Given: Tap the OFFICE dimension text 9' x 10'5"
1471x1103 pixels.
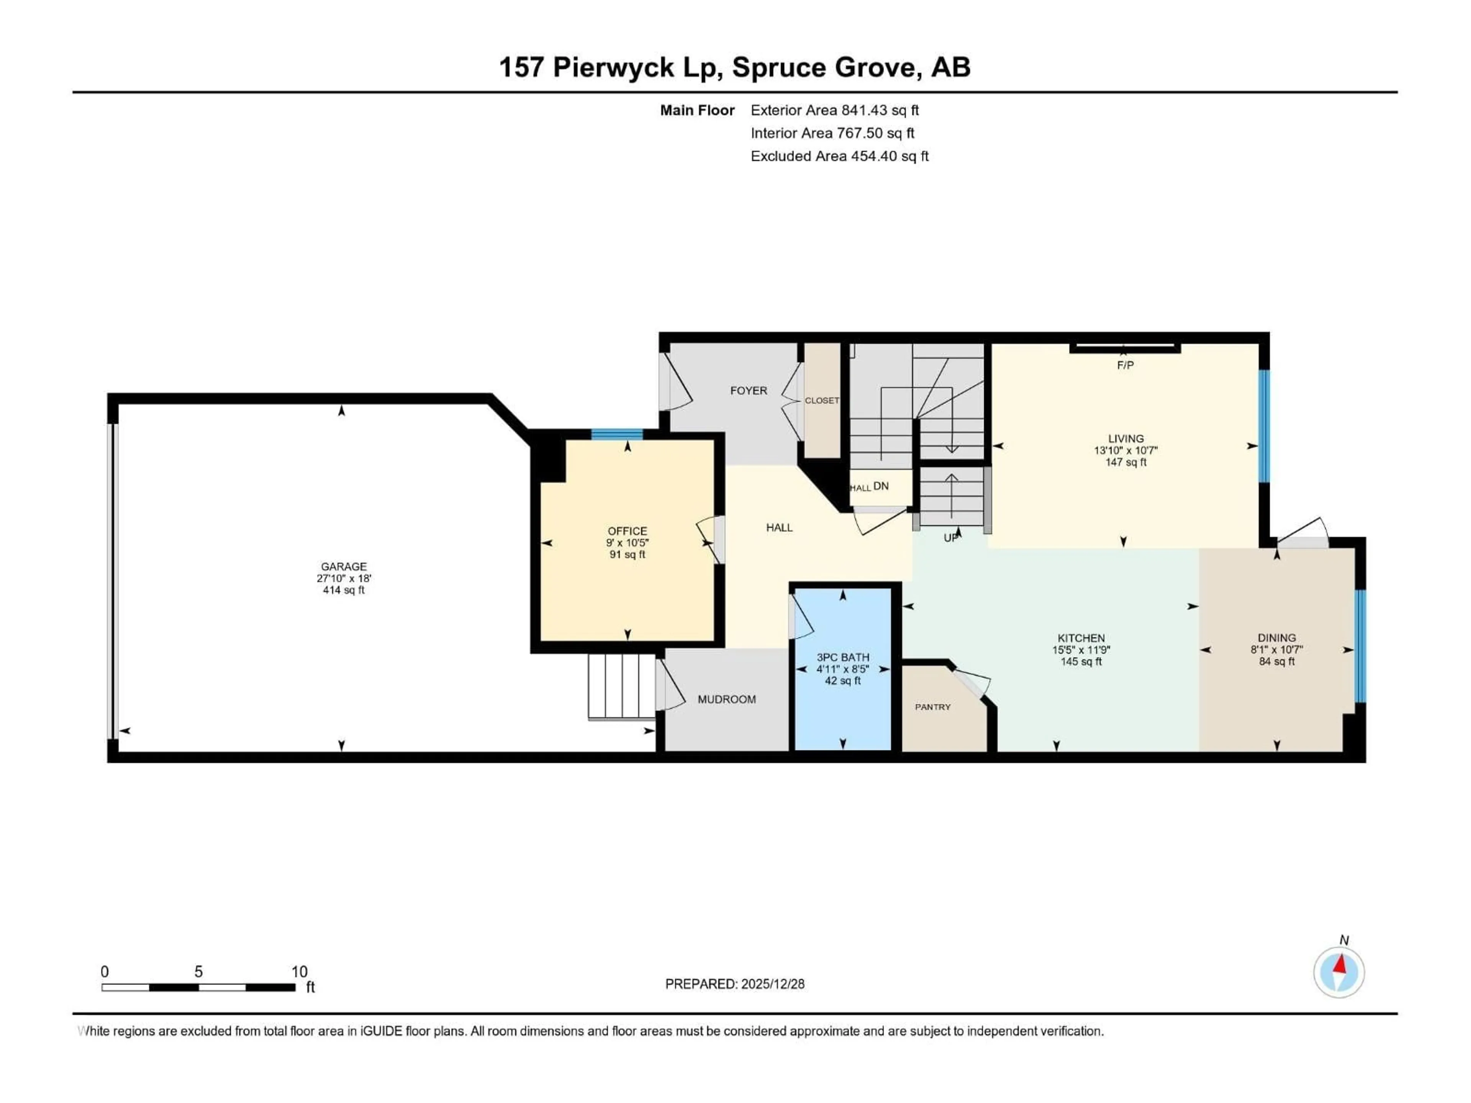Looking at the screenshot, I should (627, 543).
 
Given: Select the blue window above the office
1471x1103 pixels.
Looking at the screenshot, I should (617, 435).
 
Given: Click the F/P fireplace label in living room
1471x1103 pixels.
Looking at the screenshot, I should (1125, 365).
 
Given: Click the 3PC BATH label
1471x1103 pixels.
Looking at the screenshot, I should (842, 657).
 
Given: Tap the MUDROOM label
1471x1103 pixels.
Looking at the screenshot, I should (726, 699).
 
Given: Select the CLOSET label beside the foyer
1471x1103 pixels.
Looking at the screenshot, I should (822, 400).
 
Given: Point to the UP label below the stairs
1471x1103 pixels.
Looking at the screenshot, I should (951, 537).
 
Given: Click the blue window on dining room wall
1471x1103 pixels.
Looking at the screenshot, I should (1361, 646).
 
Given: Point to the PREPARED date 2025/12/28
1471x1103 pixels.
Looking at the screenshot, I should (734, 984).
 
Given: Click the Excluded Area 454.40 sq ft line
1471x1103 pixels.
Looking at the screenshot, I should (839, 156).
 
